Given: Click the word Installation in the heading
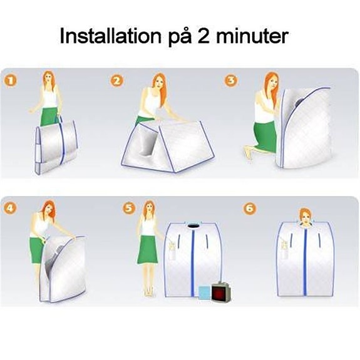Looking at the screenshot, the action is click(x=110, y=36).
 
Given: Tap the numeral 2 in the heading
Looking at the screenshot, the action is click(x=203, y=36).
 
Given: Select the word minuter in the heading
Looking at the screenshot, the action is click(x=252, y=36).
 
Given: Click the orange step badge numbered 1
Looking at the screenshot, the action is click(x=11, y=81).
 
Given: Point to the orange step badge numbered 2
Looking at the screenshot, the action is click(x=117, y=81).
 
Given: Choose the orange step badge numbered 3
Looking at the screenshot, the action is click(x=231, y=81).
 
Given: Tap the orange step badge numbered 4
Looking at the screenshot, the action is click(x=11, y=208).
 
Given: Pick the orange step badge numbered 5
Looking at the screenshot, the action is click(x=129, y=208).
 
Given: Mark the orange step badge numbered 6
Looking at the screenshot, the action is click(x=250, y=208).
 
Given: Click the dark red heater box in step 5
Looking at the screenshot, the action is click(x=220, y=292).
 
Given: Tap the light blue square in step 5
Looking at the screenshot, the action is click(x=205, y=292).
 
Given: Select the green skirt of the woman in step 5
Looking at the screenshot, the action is click(x=148, y=249).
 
